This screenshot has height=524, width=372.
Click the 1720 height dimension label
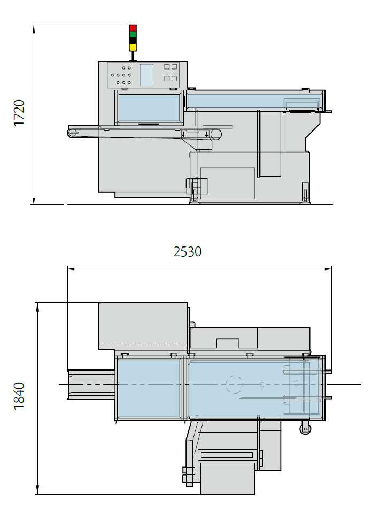19,113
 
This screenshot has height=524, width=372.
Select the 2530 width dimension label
188,251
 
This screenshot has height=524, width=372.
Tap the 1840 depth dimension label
19,396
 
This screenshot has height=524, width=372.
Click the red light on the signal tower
133,28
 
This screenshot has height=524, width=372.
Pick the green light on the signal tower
133,34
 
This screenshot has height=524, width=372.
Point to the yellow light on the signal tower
133,47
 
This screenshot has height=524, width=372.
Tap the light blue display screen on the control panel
146,75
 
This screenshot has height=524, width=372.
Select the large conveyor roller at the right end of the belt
215,135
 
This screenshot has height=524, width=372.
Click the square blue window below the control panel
149,108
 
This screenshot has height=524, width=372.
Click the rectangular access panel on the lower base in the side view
227,183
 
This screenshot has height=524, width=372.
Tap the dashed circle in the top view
234,384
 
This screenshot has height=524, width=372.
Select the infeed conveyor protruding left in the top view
91,384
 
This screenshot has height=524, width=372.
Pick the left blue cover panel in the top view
149,388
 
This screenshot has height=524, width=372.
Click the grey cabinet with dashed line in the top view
143,326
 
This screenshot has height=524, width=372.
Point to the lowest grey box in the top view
227,477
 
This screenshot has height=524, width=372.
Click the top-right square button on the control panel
174,67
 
